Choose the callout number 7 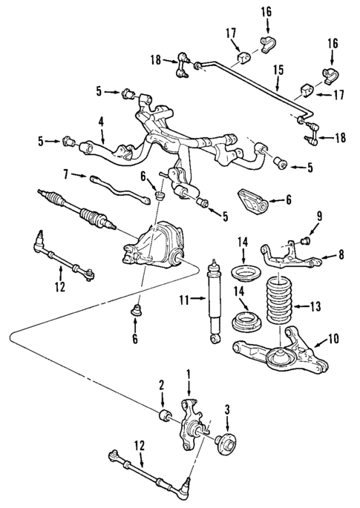pyautogui.click(x=65, y=175)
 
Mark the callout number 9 pyautogui.click(x=319, y=217)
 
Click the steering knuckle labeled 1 pyautogui.click(x=190, y=423)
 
